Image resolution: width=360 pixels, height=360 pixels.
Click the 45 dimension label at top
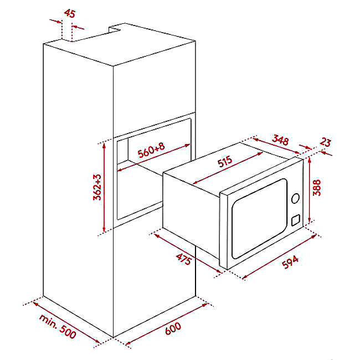click(69, 13)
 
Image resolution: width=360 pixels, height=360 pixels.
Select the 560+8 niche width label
click(151, 151)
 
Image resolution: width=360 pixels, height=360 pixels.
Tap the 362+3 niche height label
click(97, 188)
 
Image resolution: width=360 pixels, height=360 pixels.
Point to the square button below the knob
click(295, 220)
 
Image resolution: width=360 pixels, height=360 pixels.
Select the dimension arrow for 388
click(308, 188)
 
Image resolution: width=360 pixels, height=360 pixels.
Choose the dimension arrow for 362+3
click(104, 188)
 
